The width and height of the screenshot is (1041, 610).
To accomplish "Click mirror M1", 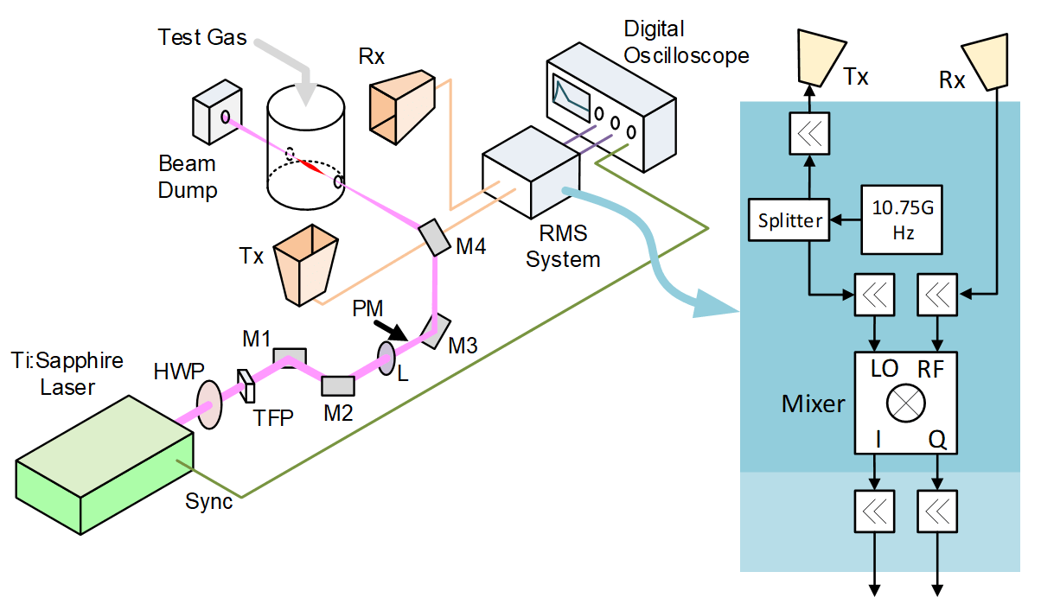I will point(289,355).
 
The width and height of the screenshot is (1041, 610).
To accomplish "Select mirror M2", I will point(337,384).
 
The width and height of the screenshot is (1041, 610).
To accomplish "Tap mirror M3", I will point(437,329).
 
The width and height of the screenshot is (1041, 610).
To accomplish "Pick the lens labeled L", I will point(386,358).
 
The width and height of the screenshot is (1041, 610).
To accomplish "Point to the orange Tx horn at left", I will point(304,263).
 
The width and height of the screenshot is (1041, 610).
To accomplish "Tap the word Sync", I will point(208,501).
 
